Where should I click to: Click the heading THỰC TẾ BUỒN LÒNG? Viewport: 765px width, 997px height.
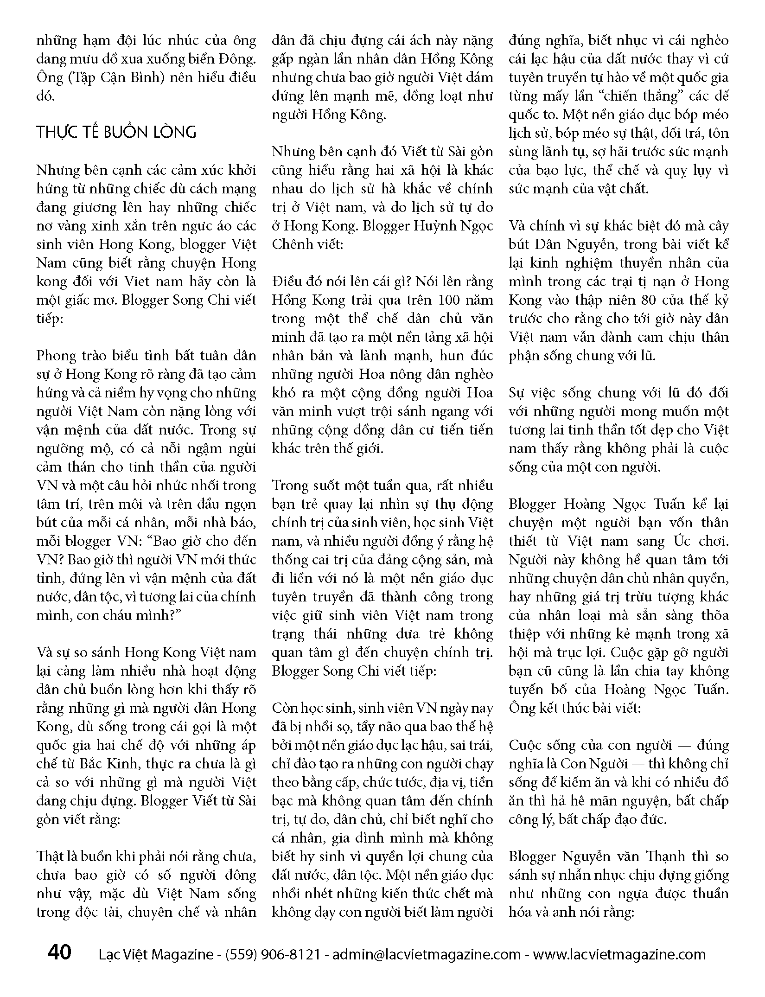[x=116, y=133]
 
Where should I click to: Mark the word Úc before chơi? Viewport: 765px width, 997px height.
[x=675, y=541]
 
